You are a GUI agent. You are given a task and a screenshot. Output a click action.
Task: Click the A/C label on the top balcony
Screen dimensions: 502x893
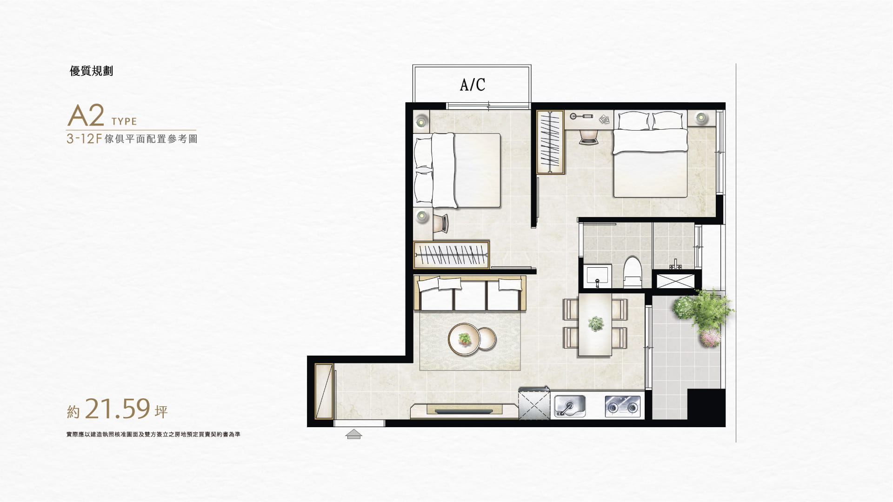472,85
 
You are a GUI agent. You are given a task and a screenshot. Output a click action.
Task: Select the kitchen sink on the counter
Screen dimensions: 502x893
569,406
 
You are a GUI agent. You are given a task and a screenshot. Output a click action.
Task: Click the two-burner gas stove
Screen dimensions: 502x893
622,406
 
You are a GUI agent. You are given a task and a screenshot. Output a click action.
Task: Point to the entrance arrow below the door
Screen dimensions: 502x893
354,434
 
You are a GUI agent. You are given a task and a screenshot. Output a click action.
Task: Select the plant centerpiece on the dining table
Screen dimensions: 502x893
595,323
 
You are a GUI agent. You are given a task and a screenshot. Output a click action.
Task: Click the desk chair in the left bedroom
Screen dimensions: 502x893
440,224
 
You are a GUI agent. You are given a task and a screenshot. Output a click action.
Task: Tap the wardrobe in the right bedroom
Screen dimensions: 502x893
551,142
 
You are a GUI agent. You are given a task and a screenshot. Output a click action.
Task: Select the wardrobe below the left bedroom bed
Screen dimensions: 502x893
451,255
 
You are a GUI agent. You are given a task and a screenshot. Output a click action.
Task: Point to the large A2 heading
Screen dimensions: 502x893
86,116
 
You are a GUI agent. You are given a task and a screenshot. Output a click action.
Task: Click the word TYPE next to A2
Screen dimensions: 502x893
124,122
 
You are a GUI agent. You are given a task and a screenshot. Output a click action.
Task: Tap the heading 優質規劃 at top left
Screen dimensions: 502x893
91,71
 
